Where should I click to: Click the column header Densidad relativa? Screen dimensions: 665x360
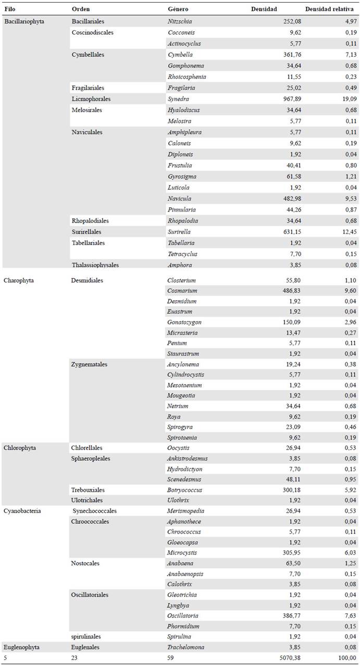coord(330,9)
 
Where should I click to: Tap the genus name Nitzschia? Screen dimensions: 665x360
coord(179,21)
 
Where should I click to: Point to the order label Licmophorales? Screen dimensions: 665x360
coord(91,99)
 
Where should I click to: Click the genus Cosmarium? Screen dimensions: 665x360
coord(182,290)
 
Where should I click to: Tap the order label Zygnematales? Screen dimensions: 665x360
coord(89,364)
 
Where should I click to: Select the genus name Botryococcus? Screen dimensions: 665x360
coord(184,490)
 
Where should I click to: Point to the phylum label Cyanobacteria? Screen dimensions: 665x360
coord(21,511)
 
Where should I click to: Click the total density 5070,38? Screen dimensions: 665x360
coord(287,658)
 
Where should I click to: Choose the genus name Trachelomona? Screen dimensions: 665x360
coord(185,647)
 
